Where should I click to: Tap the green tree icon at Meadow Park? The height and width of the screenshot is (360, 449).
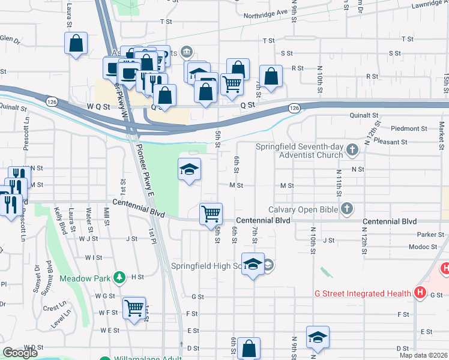click(x=120, y=277)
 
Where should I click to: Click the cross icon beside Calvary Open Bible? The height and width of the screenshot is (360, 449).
click(x=346, y=209)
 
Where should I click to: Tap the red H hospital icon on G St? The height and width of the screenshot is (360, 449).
click(x=420, y=293)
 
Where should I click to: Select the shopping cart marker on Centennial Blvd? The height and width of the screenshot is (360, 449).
click(x=211, y=214)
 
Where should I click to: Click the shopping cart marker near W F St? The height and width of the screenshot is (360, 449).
click(x=134, y=308)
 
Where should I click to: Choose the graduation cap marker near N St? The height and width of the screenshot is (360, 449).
click(x=189, y=170)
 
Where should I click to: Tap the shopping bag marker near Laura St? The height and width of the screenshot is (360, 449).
click(x=76, y=44)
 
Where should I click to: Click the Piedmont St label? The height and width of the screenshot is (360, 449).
click(x=408, y=128)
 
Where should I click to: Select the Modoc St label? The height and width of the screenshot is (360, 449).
click(x=423, y=247)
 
